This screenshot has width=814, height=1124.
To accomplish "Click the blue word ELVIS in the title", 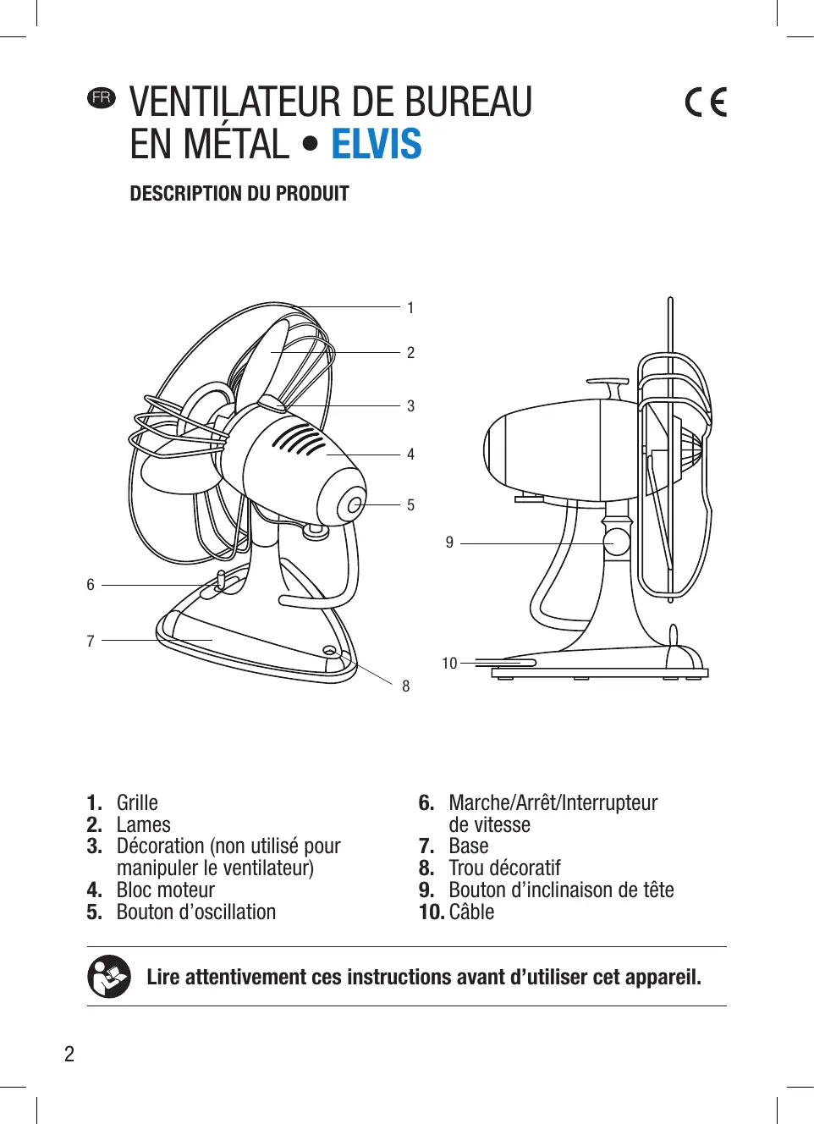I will pyautogui.click(x=376, y=144).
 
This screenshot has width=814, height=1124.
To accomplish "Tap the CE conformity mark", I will pyautogui.click(x=706, y=102).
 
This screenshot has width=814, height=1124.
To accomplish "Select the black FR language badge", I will pyautogui.click(x=102, y=97).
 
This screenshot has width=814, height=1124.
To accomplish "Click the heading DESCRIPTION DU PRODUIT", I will pyautogui.click(x=239, y=194).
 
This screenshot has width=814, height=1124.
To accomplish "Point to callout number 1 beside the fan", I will pyautogui.click(x=410, y=308).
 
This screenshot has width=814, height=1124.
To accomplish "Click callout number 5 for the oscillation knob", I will pyautogui.click(x=410, y=505).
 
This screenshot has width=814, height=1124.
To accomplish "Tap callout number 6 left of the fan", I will pyautogui.click(x=91, y=585).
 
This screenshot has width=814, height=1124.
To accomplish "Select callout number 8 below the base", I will pyautogui.click(x=406, y=686).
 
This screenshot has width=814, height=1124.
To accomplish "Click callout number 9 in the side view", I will pyautogui.click(x=449, y=543).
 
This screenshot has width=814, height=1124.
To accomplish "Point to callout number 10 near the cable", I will pyautogui.click(x=449, y=664).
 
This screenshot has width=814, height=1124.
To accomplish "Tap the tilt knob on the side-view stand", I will pyautogui.click(x=617, y=542).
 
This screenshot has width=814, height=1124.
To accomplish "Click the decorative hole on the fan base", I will pyautogui.click(x=329, y=650).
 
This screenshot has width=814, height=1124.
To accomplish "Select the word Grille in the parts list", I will pyautogui.click(x=137, y=802).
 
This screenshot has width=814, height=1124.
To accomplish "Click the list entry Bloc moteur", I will pyautogui.click(x=166, y=890).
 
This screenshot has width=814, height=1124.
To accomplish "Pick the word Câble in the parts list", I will pyautogui.click(x=471, y=912).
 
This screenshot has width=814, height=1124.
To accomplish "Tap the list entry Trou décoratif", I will pyautogui.click(x=504, y=868).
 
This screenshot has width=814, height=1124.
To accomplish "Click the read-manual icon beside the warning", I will pyautogui.click(x=109, y=977).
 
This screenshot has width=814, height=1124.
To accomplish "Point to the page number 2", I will pyautogui.click(x=69, y=1054).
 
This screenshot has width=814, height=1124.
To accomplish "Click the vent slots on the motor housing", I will pyautogui.click(x=298, y=440).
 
